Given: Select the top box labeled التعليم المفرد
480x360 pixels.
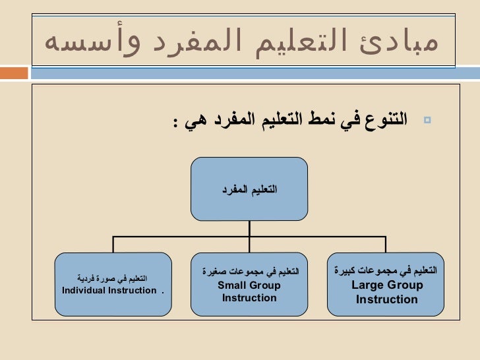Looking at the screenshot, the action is click(249, 189).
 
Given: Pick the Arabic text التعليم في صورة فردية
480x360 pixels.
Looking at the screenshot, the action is click(113, 278).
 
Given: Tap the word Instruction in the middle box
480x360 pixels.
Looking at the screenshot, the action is click(249, 298).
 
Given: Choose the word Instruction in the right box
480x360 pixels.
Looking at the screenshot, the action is click(386, 300).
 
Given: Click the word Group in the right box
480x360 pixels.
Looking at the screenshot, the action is click(403, 285).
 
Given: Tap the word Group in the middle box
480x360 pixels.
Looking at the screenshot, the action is click(263, 285).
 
